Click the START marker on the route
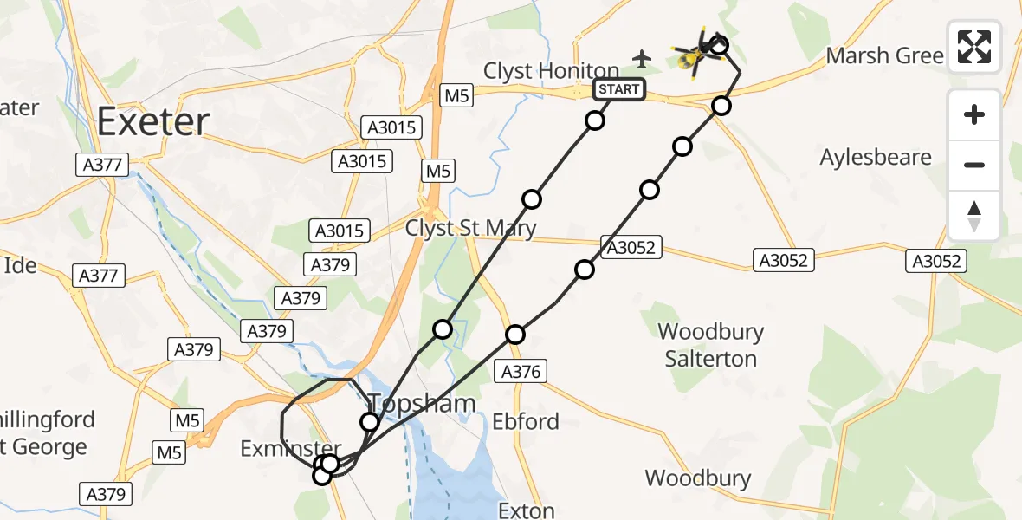click(x=618, y=89)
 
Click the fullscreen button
click(x=974, y=46)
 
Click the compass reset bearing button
click(x=974, y=215)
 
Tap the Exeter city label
click(x=153, y=121)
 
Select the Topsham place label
click(x=422, y=403)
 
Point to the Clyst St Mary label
click(x=471, y=228)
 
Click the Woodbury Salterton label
click(x=710, y=345)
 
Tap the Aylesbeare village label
click(x=876, y=158)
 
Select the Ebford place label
click(x=525, y=422)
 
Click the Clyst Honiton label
click(x=551, y=71)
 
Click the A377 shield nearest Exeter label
click(x=101, y=164)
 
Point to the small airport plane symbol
click(x=642, y=59)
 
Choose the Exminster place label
click(x=279, y=448)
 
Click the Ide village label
click(x=19, y=264)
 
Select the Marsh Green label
click(x=884, y=56)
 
